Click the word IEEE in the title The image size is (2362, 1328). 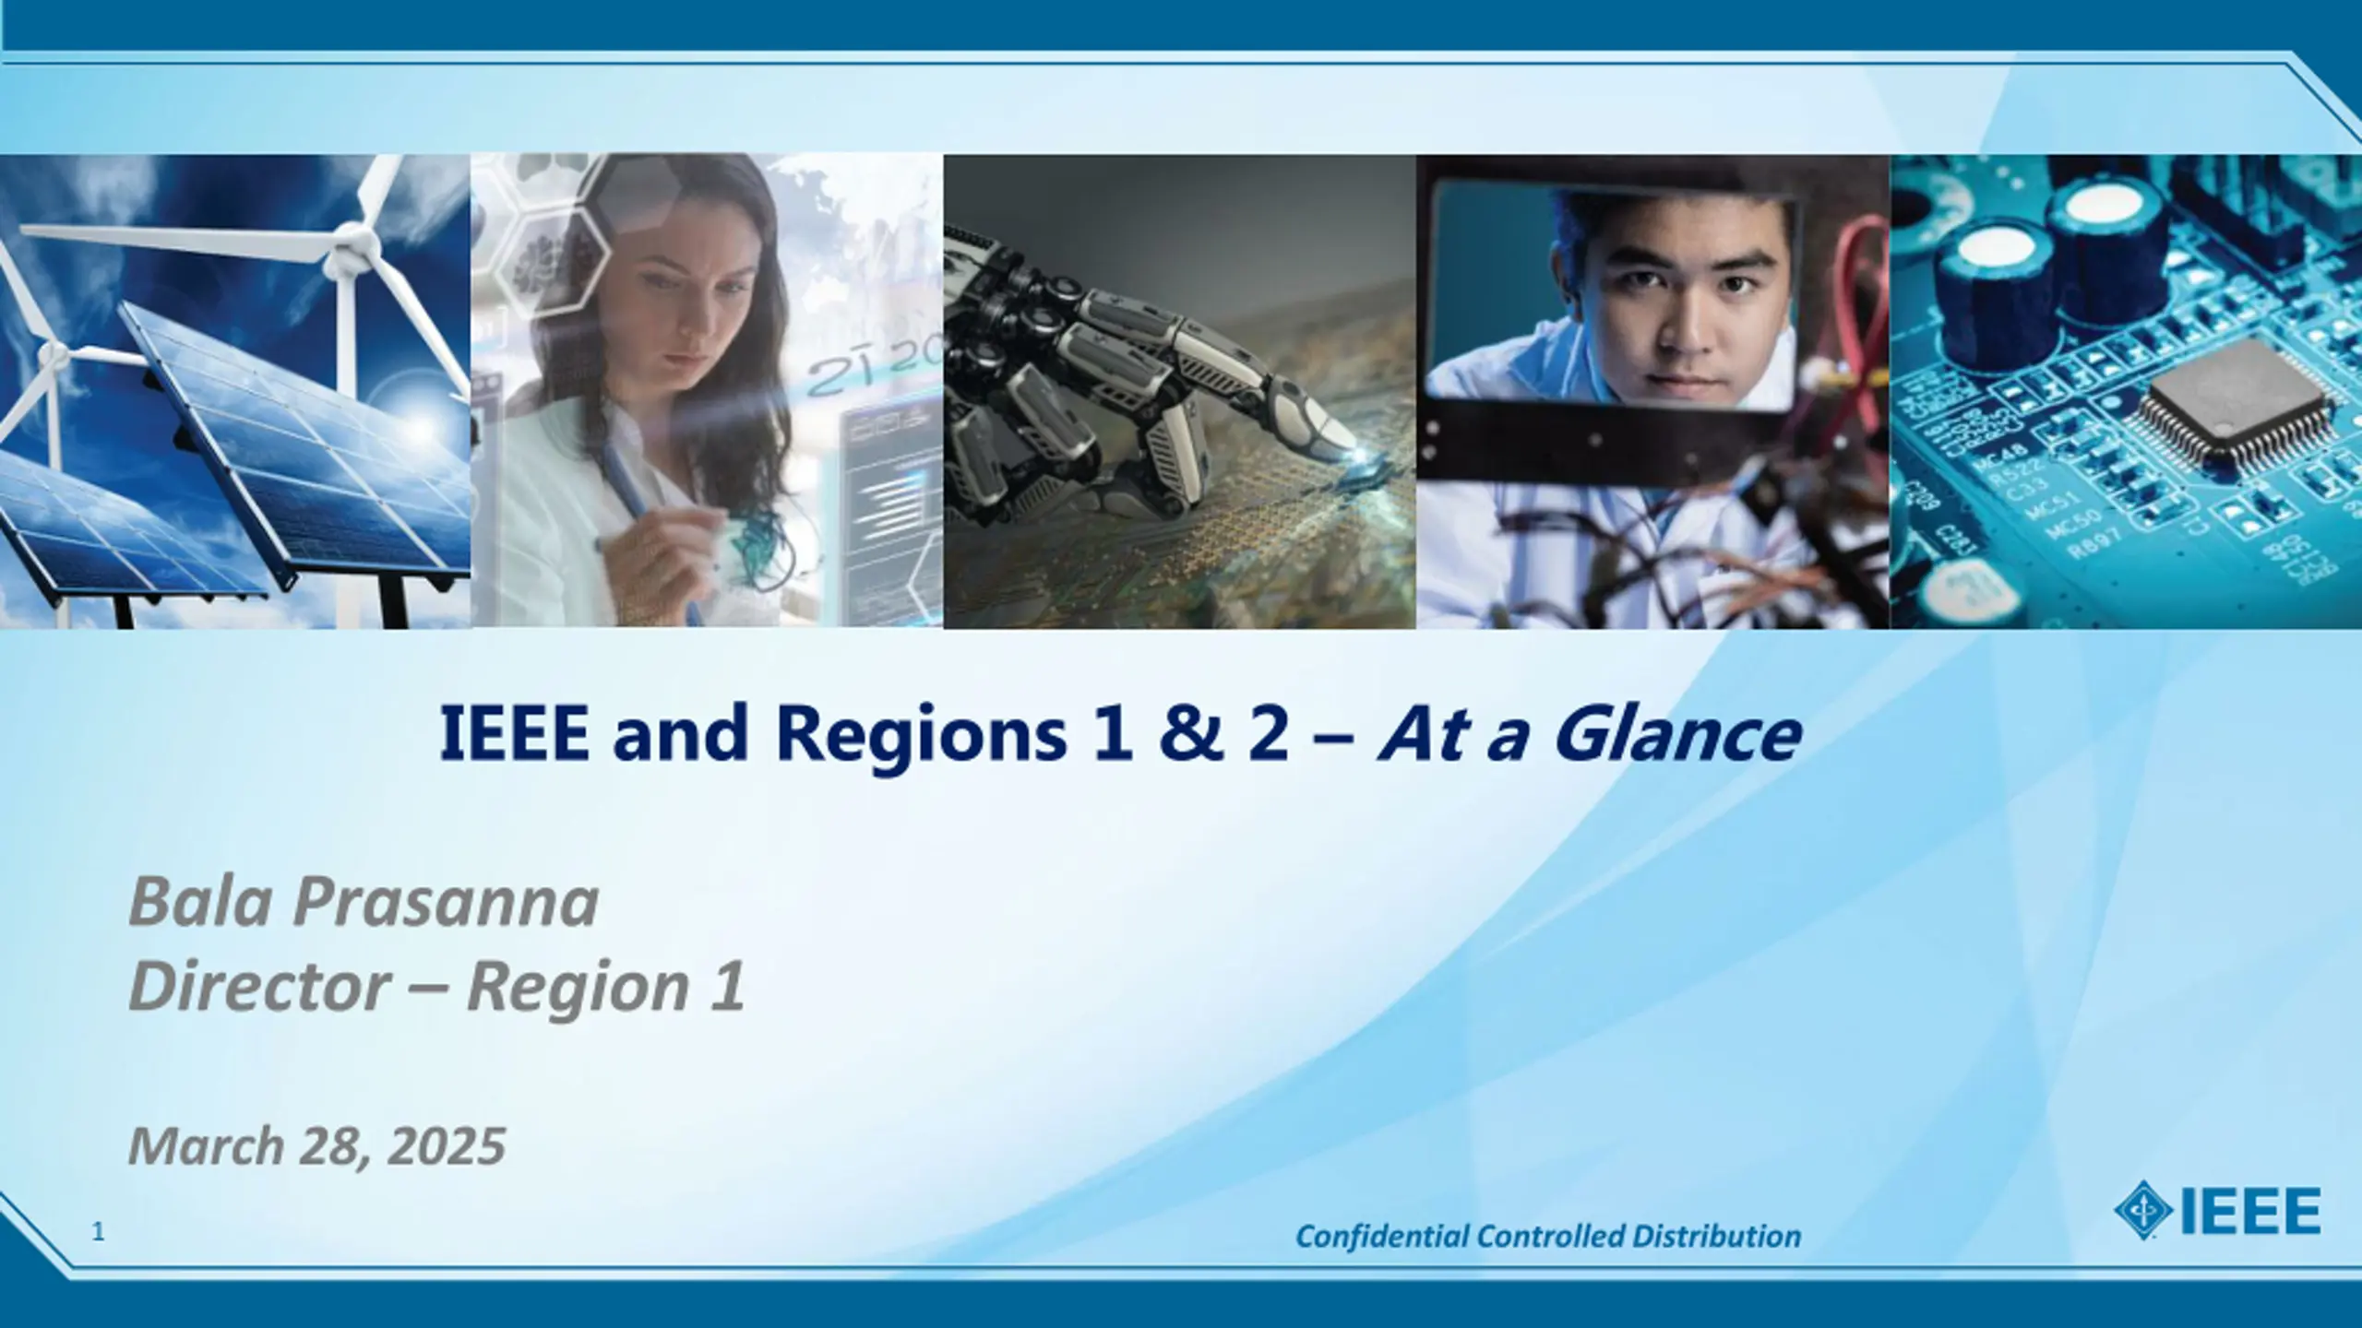pos(514,733)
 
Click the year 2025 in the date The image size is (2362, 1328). pos(447,1146)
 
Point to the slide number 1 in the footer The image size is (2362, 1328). pos(99,1231)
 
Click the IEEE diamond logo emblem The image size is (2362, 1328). pos(2141,1210)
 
